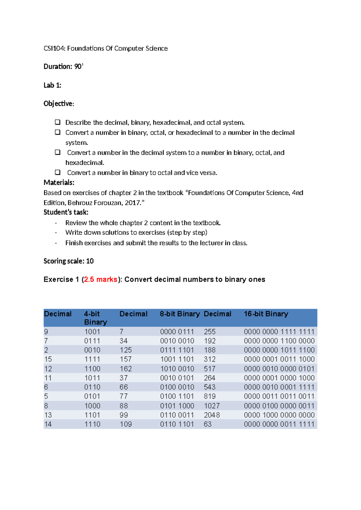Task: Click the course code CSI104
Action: (53, 48)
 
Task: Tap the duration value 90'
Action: (79, 66)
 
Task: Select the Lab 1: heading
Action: (52, 85)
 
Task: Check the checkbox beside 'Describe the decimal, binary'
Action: (57, 122)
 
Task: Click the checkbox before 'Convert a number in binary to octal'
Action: (57, 172)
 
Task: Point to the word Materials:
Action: (59, 183)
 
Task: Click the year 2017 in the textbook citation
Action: (133, 203)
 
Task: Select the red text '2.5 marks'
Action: (100, 279)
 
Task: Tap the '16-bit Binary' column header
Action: (266, 314)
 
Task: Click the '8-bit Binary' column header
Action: (180, 314)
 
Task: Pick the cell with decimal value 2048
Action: (212, 415)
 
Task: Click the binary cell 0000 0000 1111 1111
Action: (279, 332)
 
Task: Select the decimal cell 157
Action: (126, 359)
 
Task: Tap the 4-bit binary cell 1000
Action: (92, 406)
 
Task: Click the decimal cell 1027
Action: (212, 406)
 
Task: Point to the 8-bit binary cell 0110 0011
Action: (177, 415)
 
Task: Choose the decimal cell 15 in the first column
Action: (48, 359)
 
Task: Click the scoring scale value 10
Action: (90, 261)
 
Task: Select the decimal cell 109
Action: (126, 424)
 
